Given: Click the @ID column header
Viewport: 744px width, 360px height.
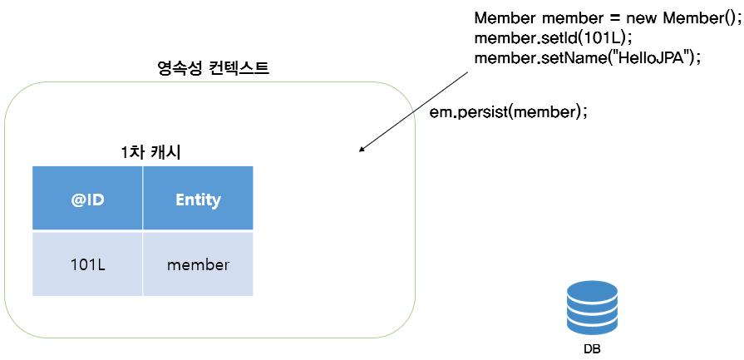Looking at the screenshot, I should pyautogui.click(x=87, y=199).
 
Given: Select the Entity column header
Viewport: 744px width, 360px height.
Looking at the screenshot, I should pyautogui.click(x=198, y=199).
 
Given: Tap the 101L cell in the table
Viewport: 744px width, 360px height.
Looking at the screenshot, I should pyautogui.click(x=87, y=264).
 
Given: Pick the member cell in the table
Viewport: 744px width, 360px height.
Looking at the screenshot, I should pyautogui.click(x=198, y=264).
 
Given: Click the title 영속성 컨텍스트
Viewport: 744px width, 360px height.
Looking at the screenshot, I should pyautogui.click(x=213, y=68).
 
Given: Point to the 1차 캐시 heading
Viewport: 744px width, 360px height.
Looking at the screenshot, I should pyautogui.click(x=151, y=152).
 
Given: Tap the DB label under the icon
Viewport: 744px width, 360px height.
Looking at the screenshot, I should pyautogui.click(x=591, y=348).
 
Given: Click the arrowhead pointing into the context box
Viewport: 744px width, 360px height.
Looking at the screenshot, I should pyautogui.click(x=362, y=150).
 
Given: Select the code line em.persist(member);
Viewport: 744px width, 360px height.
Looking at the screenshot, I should pyautogui.click(x=508, y=112).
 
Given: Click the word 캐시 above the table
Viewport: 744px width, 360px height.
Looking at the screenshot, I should pyautogui.click(x=166, y=152).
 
